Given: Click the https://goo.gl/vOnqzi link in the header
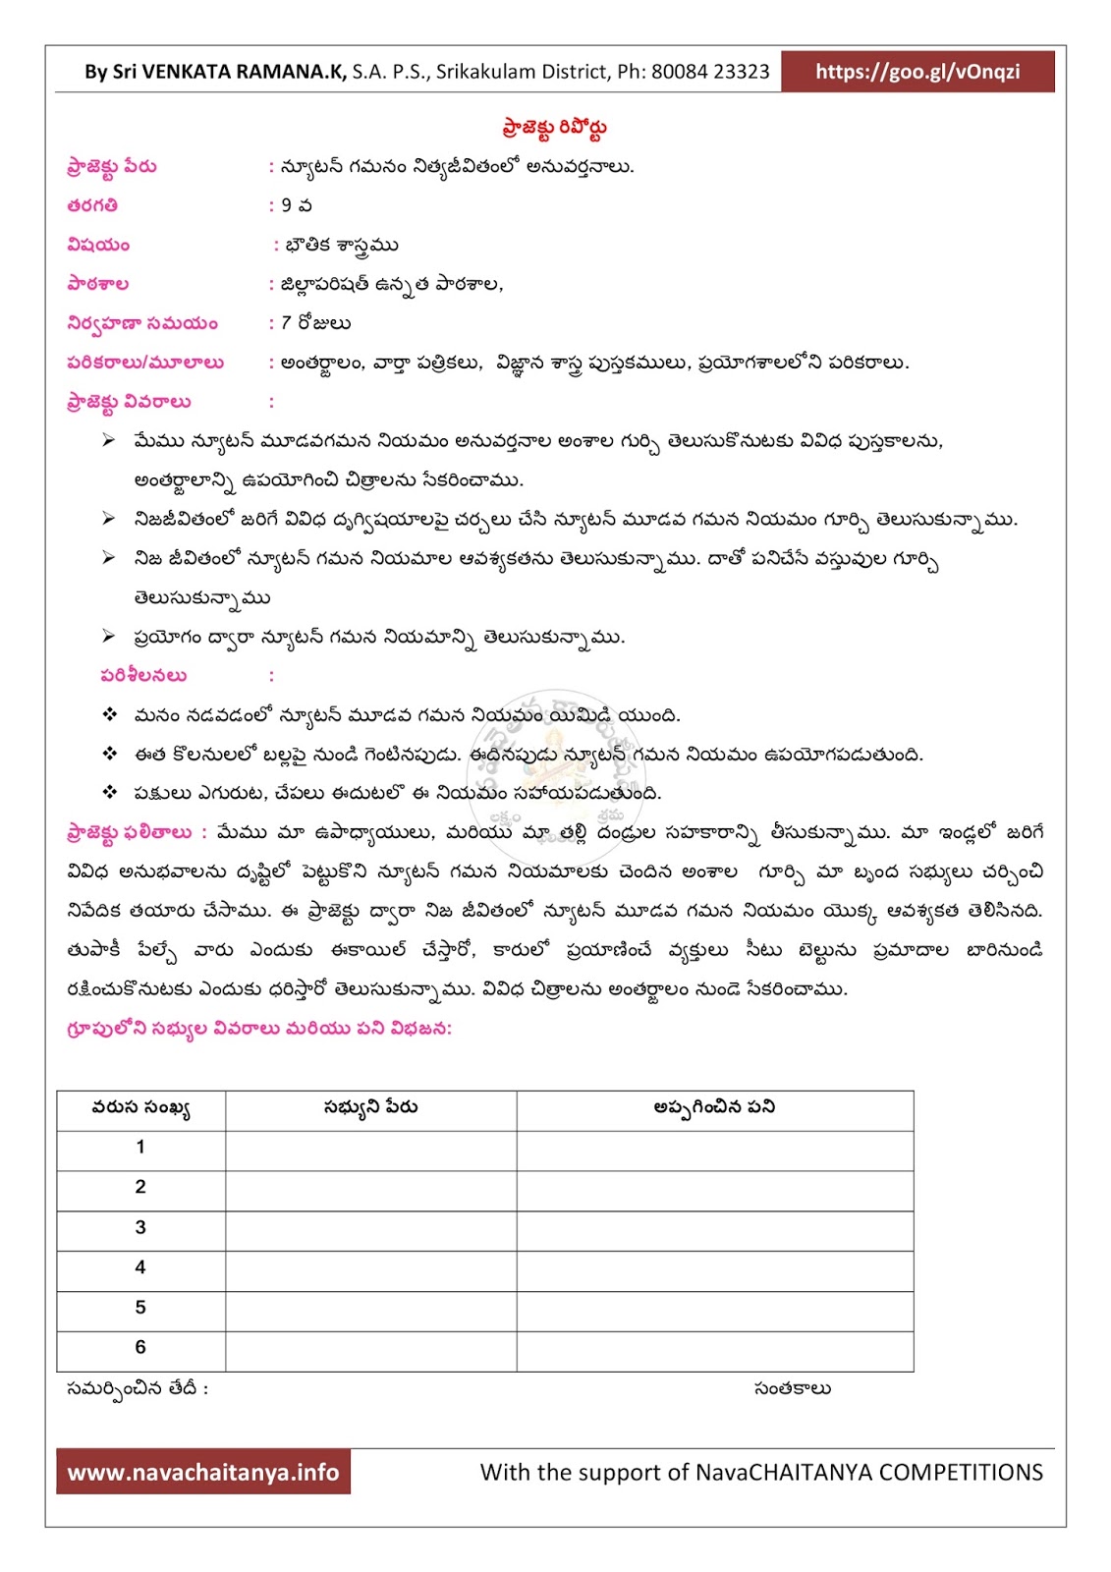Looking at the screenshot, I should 917,72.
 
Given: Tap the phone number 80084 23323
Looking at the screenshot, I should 710,72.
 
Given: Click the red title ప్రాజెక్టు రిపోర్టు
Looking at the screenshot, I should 555,128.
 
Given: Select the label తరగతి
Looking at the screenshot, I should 93,205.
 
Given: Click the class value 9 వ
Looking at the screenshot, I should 296,205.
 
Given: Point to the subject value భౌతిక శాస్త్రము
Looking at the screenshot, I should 341,245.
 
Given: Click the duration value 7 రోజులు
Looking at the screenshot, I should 315,323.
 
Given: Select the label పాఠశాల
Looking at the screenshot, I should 98,284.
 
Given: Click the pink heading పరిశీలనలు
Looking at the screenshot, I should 143,675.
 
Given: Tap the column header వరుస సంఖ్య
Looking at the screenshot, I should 140,1108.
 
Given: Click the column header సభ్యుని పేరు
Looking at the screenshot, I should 370,1107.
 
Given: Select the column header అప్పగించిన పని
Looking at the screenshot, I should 714,1107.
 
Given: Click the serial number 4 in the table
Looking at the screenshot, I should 140,1267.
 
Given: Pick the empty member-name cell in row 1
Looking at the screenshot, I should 370,1149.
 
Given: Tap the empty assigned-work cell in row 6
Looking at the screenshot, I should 714,1350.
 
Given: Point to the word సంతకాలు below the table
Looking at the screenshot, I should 792,1388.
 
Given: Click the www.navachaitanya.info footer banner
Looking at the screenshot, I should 203,1472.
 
